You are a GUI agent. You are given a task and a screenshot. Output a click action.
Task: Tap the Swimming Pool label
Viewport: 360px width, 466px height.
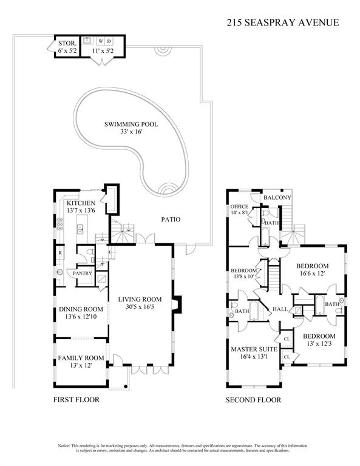(x=131, y=124)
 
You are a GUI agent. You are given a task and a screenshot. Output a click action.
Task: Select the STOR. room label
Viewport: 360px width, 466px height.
(x=66, y=43)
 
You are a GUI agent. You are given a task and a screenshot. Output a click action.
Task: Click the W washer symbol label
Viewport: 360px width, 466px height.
(x=100, y=41)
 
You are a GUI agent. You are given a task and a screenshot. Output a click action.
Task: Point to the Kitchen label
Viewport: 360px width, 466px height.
(x=81, y=203)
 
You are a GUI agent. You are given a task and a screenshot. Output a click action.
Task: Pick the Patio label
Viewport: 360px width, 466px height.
(x=171, y=220)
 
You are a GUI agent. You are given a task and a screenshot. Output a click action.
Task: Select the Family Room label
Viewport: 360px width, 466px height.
(x=81, y=358)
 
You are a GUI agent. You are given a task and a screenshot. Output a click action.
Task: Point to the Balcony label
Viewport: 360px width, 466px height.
(x=277, y=198)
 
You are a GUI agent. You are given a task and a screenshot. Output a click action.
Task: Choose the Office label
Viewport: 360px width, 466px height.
(x=239, y=206)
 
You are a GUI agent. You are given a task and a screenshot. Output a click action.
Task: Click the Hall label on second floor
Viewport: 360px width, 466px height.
(x=280, y=309)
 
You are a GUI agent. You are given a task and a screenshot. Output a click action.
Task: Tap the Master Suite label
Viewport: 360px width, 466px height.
(x=254, y=349)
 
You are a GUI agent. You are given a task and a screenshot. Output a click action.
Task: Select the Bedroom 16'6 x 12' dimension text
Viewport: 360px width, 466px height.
(x=313, y=274)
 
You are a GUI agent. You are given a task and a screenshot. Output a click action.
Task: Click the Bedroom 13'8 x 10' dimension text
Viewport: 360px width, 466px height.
(x=243, y=277)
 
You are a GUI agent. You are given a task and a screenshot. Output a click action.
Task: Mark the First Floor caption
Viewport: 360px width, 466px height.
(x=76, y=400)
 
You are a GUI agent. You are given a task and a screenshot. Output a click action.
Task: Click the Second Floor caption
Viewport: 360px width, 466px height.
(x=253, y=400)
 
